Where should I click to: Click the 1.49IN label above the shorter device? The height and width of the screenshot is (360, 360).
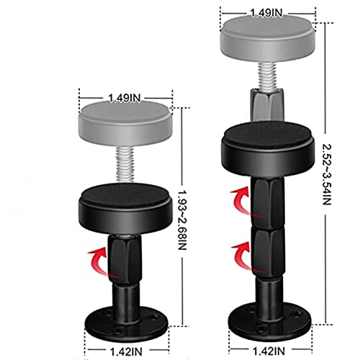pos(125,98)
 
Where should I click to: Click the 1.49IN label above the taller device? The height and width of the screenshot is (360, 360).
pos(266,13)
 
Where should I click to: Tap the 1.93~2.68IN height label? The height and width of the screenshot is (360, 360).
pos(182,220)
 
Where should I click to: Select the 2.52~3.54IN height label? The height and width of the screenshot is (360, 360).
pos(327,174)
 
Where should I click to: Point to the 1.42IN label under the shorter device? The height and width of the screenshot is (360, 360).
pos(126,352)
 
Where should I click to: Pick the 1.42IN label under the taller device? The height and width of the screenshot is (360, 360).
pos(269,351)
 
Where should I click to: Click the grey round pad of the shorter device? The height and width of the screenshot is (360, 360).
pos(125,123)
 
